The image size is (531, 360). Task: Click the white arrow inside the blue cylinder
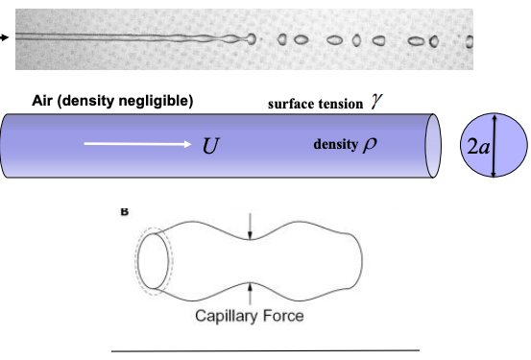(x=138, y=145)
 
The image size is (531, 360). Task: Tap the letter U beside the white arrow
(x=210, y=146)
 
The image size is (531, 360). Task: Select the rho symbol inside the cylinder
(x=371, y=145)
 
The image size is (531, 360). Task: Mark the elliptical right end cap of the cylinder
(x=433, y=145)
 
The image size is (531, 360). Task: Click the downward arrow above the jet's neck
(x=250, y=227)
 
